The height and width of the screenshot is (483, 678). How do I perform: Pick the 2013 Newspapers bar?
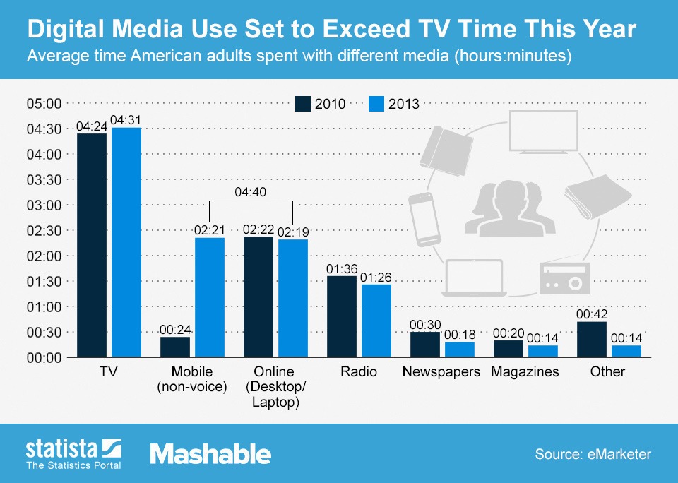[x=459, y=350]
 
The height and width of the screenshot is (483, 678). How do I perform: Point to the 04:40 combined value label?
[x=251, y=191]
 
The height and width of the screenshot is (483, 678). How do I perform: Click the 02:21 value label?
[x=210, y=229]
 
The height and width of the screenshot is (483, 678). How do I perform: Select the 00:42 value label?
[x=591, y=313]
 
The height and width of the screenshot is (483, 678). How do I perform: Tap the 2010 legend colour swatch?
[x=302, y=104]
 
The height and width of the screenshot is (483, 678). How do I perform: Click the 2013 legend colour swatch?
[x=376, y=104]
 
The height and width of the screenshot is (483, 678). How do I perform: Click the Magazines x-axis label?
[x=525, y=371]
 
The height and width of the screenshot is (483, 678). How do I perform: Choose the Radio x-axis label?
[x=358, y=371]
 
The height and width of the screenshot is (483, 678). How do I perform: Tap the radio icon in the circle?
[x=563, y=278]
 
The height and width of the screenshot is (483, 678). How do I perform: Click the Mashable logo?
[x=210, y=453]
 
